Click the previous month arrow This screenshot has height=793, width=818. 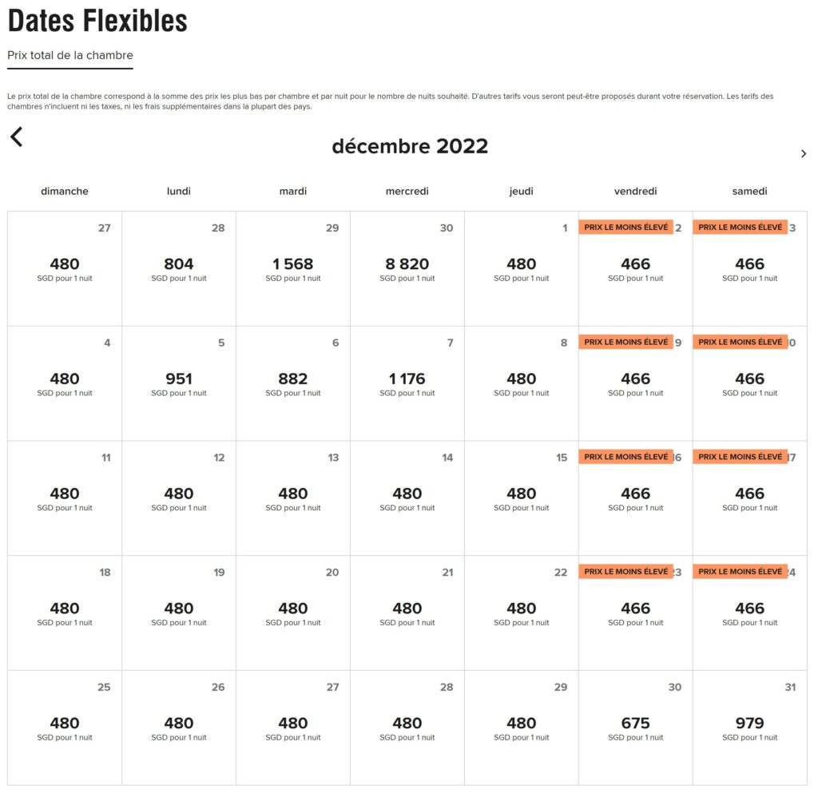17,137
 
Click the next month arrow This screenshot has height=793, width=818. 803,153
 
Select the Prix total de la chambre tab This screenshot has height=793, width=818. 70,56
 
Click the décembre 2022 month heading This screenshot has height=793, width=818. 410,147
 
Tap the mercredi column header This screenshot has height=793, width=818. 407,192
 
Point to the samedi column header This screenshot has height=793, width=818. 750,192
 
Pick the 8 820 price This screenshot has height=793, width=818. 407,264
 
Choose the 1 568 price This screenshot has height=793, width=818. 293,264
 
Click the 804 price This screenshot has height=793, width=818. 179,264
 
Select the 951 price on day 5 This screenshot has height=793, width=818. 179,379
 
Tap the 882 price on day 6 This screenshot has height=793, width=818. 293,379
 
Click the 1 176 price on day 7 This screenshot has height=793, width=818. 407,379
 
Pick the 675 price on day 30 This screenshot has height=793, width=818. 636,724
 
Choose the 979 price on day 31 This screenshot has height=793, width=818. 750,724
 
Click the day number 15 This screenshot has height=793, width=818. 562,458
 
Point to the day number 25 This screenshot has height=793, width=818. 105,688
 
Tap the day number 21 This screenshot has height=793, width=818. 447,573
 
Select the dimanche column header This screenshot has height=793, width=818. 65,192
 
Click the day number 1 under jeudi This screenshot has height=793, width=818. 565,228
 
